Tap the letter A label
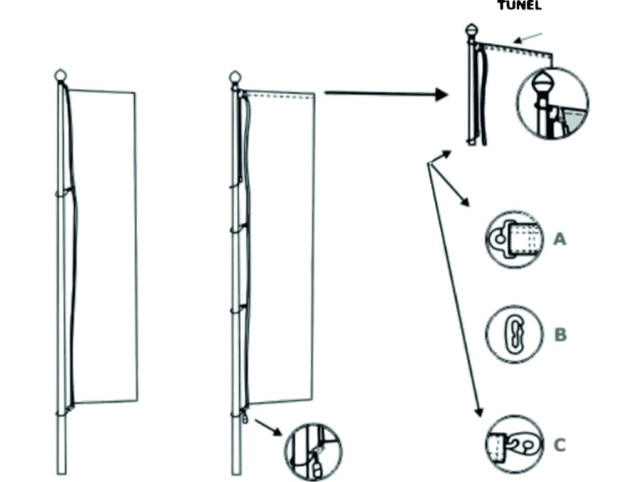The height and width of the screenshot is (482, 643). [559, 238]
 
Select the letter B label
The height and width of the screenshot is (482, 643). [560, 335]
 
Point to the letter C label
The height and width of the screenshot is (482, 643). [559, 445]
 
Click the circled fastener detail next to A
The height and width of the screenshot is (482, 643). [514, 239]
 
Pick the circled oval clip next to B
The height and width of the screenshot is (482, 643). [514, 335]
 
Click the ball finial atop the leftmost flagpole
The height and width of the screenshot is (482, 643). [60, 75]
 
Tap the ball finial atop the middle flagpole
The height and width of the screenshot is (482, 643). [236, 77]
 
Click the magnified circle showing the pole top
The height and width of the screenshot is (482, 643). [552, 103]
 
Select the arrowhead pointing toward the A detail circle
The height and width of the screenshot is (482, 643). [467, 203]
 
